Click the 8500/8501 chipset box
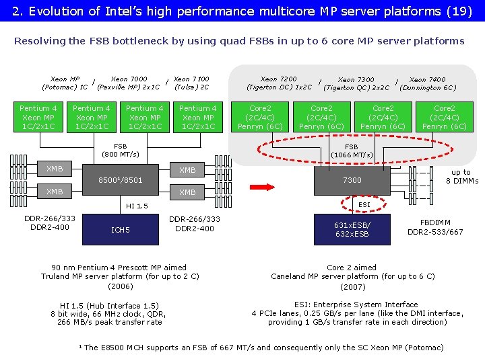[120, 180]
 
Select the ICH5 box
[120, 231]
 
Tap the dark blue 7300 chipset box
[352, 180]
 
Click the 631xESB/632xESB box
[352, 229]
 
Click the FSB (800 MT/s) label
[120, 150]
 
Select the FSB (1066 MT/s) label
[352, 151]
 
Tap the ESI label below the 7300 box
[364, 204]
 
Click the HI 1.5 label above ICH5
[137, 206]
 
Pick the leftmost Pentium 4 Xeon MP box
[38, 117]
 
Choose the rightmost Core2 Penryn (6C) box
[444, 117]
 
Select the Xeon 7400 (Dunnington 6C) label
[428, 83]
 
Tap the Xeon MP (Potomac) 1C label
[65, 83]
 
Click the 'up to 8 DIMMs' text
[462, 176]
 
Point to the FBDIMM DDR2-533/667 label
[435, 227]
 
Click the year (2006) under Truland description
[120, 286]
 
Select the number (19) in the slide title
[461, 11]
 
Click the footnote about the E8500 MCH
[263, 348]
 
